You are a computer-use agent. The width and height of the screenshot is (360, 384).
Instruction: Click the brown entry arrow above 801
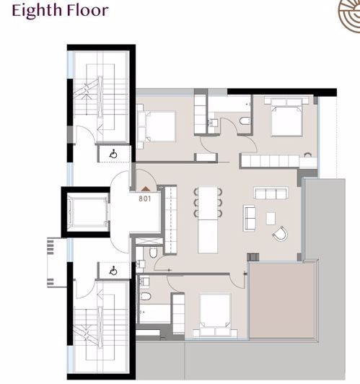tap(144, 188)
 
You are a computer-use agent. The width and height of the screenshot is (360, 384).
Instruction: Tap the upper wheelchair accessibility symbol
tap(114, 153)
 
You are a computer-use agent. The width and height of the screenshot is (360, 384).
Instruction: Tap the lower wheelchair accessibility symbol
tap(113, 270)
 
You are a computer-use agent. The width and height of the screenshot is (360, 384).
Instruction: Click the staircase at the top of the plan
tap(100, 94)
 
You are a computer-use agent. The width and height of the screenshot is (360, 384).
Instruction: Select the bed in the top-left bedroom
tap(159, 125)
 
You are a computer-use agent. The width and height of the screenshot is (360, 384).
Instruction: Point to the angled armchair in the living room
tap(279, 234)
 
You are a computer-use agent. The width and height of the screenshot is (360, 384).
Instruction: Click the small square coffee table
tap(271, 217)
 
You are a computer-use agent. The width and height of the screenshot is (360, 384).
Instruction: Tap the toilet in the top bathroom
tap(245, 120)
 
